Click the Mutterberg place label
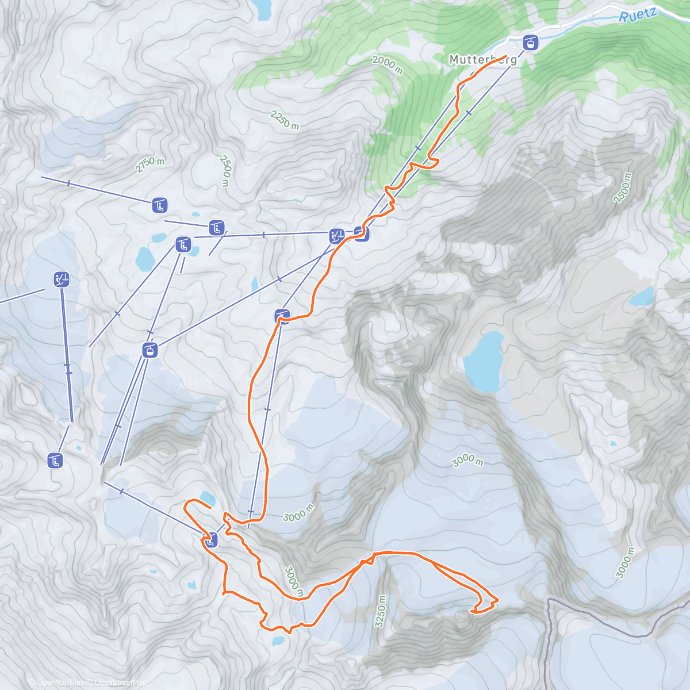click(482, 60)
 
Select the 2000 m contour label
click(387, 64)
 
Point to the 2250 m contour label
click(285, 120)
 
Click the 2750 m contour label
click(150, 164)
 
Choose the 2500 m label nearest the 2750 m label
click(225, 170)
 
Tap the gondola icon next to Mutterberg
click(530, 42)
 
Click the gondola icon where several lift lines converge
click(149, 350)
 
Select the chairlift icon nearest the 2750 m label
click(160, 204)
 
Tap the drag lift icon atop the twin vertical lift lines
click(62, 279)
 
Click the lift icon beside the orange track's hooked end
click(211, 539)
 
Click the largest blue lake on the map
click(483, 361)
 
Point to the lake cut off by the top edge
click(262, 7)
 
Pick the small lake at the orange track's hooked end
click(206, 498)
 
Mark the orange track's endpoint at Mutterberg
click(505, 56)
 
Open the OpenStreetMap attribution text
click(118, 683)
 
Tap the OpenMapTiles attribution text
click(56, 683)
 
